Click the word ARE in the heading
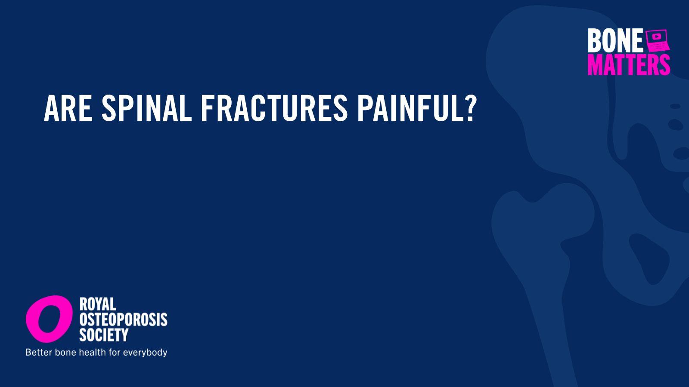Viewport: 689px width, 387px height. (x=68, y=108)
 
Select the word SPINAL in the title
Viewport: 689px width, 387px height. (x=146, y=108)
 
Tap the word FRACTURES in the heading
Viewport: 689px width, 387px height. (x=274, y=108)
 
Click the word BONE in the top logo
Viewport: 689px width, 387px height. (x=615, y=40)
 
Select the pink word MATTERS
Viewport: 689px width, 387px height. (x=629, y=64)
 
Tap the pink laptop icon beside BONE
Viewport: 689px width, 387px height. (x=657, y=40)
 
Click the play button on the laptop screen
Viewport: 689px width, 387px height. (x=656, y=37)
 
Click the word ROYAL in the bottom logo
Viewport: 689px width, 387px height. (x=98, y=304)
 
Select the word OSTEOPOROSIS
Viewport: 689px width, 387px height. (x=123, y=319)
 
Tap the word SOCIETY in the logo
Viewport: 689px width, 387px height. (x=104, y=335)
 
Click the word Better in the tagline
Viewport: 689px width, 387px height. (x=39, y=352)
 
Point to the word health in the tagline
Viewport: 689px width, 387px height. (x=92, y=352)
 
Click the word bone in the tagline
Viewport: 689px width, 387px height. (x=65, y=352)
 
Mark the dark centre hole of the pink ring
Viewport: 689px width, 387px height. (x=49, y=319)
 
